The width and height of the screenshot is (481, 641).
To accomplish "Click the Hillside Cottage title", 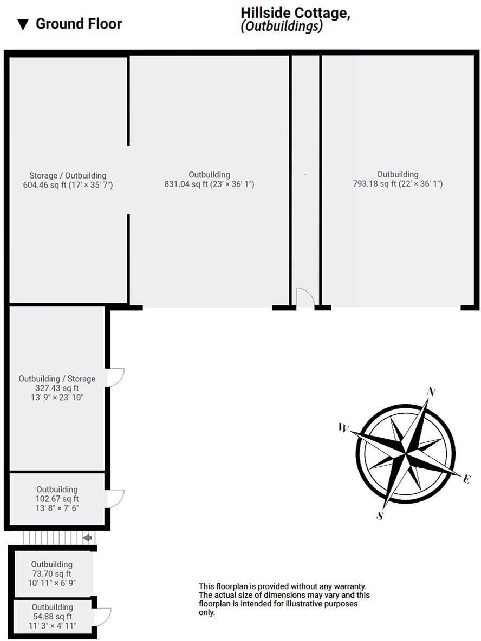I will click(295, 14).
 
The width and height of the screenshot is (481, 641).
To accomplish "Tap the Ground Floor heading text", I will click(79, 24).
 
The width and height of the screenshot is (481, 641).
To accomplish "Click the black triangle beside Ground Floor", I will click(23, 24).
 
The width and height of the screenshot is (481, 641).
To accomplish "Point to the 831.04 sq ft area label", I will click(209, 184).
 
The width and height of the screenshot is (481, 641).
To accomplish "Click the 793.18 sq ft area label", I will click(398, 183).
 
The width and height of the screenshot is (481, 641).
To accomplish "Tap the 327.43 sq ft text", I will click(57, 388).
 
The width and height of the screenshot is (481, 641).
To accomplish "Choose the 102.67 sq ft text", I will click(57, 499).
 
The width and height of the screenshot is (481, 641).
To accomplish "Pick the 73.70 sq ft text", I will click(51, 574).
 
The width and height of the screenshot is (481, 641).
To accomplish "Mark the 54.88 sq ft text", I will click(52, 616).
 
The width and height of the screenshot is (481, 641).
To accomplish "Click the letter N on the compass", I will click(432, 392).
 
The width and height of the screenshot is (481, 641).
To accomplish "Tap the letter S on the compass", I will click(381, 516).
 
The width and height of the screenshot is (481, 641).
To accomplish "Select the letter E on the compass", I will click(467, 478).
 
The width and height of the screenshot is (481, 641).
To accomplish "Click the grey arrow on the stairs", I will click(87, 538).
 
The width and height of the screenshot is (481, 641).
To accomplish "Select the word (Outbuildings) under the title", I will click(282, 27).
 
